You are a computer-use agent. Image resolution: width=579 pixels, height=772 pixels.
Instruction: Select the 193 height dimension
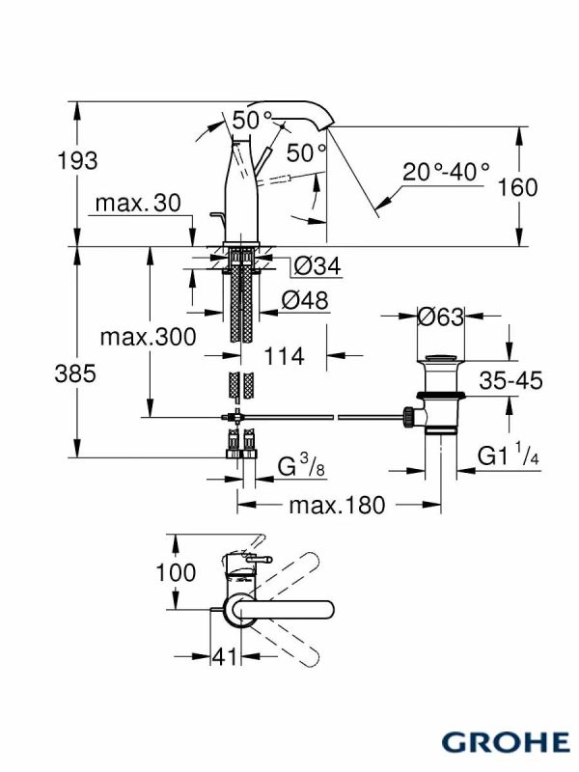point(77,160)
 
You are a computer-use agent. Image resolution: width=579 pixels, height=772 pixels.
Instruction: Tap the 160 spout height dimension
point(518,187)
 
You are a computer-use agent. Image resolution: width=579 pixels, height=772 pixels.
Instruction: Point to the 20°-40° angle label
point(446,172)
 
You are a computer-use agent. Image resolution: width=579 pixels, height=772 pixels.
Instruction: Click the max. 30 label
point(138,203)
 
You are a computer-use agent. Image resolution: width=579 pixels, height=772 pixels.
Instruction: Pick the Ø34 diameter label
point(317,266)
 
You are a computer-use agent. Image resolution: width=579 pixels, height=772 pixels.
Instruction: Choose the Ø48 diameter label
point(305,300)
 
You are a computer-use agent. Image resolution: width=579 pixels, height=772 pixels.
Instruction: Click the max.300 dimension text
point(148,337)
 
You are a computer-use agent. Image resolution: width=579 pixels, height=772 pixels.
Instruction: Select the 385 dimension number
point(75,373)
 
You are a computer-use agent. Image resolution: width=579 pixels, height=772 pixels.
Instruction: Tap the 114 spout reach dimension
point(284,355)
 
